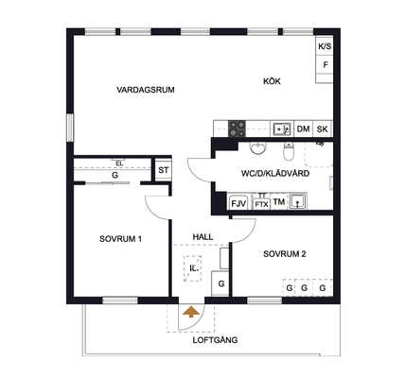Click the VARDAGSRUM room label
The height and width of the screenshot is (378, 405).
(x=146, y=90)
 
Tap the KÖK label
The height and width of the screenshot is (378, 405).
(x=272, y=81)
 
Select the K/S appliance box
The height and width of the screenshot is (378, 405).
(x=325, y=46)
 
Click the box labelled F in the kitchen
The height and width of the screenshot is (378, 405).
(x=325, y=65)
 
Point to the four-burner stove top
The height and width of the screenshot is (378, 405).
(x=237, y=129)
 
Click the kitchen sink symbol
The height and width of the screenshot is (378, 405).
(x=282, y=129)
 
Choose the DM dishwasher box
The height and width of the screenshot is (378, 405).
(x=303, y=129)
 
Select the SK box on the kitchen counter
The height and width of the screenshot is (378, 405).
(x=322, y=129)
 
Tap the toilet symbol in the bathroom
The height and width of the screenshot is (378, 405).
(x=289, y=151)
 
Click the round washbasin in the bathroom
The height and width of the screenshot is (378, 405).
(x=258, y=148)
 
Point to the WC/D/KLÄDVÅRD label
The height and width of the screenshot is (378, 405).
(x=275, y=174)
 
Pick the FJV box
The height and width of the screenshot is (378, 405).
(x=238, y=203)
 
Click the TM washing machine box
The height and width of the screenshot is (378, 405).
(x=279, y=202)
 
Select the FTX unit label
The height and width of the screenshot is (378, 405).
(x=261, y=204)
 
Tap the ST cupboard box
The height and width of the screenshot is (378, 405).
(x=163, y=170)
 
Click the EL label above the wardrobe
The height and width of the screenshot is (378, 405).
(x=119, y=163)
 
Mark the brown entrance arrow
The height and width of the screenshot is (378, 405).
(x=191, y=312)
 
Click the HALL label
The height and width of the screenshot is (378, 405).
(x=202, y=237)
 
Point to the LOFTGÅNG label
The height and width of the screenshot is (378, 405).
(x=215, y=340)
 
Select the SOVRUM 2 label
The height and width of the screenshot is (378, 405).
(x=285, y=254)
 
